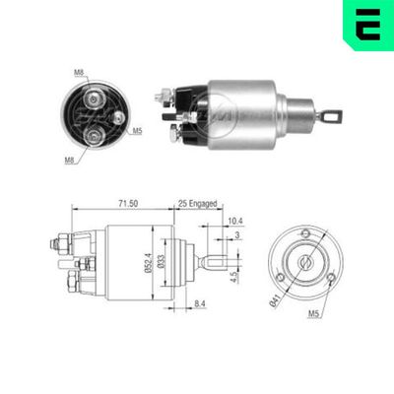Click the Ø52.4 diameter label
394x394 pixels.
pyautogui.click(x=147, y=259)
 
